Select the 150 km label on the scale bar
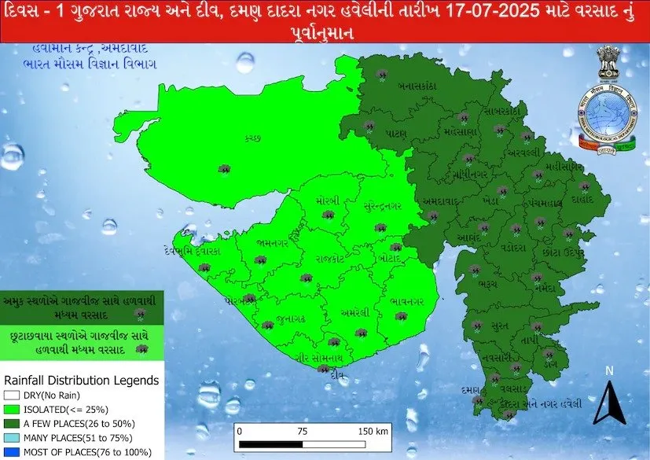point(373,432)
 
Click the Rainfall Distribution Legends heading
point(82,381)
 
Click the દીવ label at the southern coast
point(339,374)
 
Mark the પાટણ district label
point(395,134)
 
